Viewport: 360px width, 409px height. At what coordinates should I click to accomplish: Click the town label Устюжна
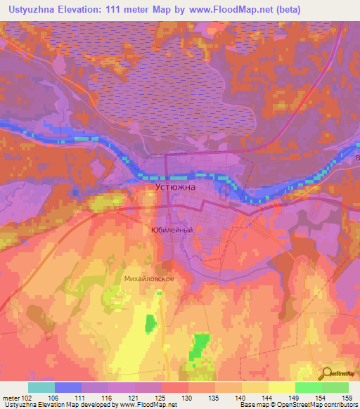pyautogui.click(x=175, y=188)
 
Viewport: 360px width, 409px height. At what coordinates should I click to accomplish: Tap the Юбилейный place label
pyautogui.click(x=172, y=229)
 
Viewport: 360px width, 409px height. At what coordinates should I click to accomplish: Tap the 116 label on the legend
pyautogui.click(x=105, y=398)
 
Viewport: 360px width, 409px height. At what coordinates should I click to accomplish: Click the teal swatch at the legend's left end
pyautogui.click(x=41, y=387)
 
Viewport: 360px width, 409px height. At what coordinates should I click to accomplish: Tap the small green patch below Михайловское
pyautogui.click(x=150, y=324)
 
